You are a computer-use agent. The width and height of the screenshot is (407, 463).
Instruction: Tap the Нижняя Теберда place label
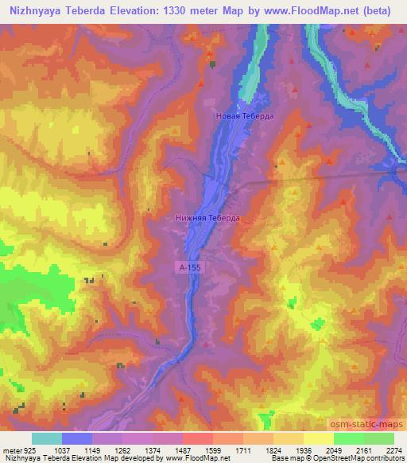tap(206, 216)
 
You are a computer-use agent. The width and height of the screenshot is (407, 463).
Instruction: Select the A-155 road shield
tap(190, 269)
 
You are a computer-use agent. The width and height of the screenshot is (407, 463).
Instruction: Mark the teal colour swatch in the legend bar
tap(47, 438)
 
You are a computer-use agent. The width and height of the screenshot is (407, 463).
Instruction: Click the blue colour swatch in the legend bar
tap(77, 438)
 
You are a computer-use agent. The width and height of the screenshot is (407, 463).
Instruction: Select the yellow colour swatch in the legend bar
tap(318, 438)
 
